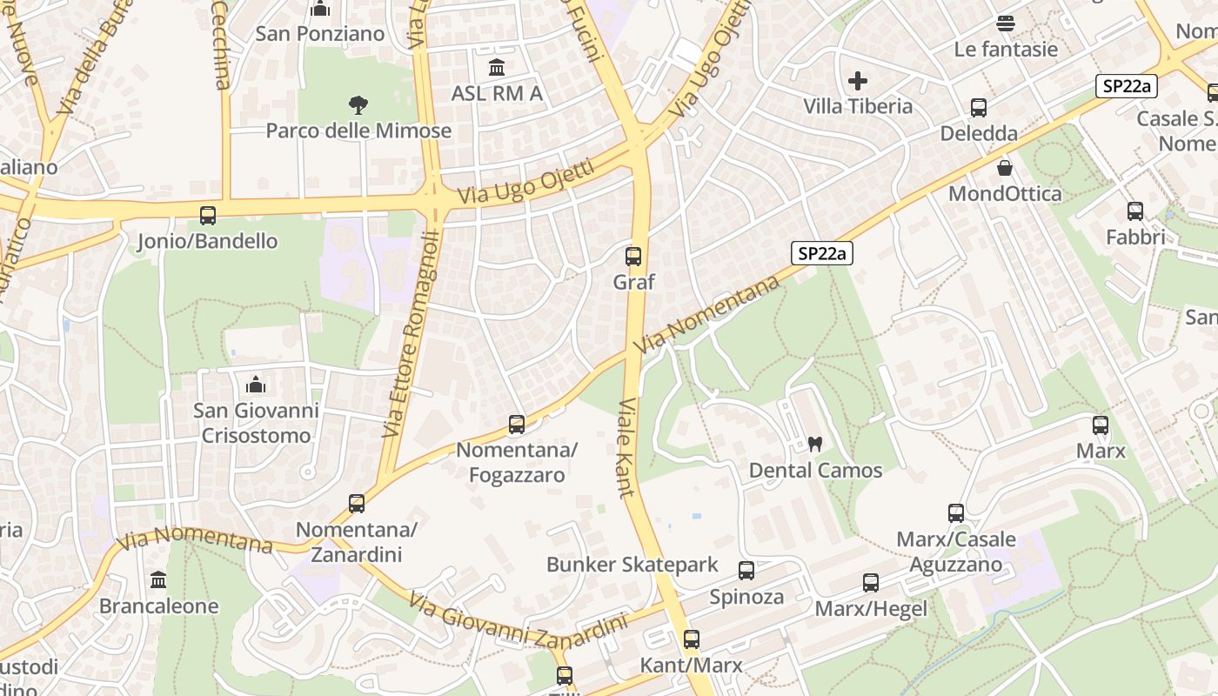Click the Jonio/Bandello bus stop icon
click(208, 215)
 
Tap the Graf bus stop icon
click(633, 257)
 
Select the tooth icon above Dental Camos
click(815, 444)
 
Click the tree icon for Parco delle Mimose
click(358, 105)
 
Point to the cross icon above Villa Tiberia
click(858, 81)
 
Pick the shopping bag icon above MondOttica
click(1005, 168)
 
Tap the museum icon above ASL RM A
click(497, 67)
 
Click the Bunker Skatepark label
click(632, 565)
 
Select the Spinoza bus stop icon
click(746, 571)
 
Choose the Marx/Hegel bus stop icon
click(871, 583)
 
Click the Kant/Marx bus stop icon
click(692, 639)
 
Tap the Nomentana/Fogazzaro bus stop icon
click(517, 425)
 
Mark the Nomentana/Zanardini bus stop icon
click(357, 503)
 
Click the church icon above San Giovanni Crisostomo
click(256, 384)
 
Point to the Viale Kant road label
click(627, 448)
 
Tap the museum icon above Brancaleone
click(158, 579)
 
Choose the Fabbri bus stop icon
click(1135, 211)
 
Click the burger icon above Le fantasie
click(1006, 23)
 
